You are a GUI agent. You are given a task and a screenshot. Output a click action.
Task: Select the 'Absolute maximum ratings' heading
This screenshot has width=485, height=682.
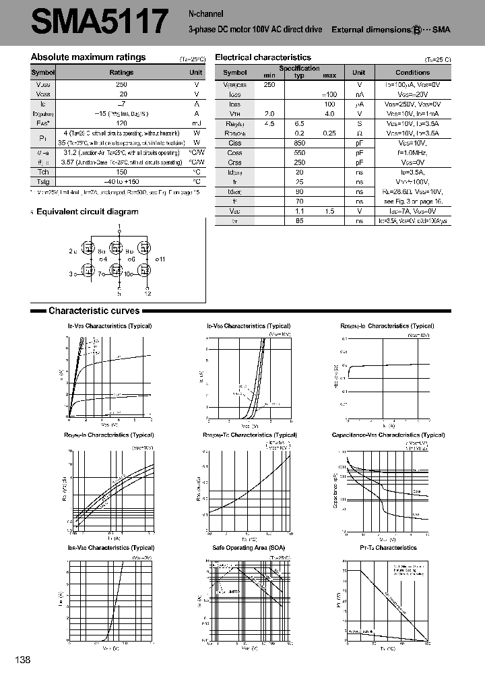(x=88, y=57)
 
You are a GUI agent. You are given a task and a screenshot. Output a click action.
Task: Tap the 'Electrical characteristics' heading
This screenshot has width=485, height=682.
(x=263, y=58)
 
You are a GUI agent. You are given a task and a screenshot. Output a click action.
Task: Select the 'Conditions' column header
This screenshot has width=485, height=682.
(x=412, y=72)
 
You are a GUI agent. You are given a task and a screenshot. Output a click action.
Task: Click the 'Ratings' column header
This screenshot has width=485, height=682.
(x=121, y=72)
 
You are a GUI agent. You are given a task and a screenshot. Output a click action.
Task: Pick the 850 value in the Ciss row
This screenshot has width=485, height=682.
(x=300, y=143)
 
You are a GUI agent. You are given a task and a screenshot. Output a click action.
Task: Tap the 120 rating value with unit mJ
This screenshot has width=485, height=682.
(x=121, y=124)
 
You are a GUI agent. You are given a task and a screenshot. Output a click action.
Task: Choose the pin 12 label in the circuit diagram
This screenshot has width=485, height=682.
(x=148, y=293)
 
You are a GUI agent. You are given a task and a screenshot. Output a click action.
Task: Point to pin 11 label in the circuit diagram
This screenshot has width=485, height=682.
(x=161, y=259)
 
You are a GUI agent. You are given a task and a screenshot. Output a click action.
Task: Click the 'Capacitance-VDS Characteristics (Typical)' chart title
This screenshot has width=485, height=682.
(x=388, y=435)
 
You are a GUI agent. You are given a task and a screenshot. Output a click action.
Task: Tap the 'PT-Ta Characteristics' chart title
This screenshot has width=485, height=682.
(x=389, y=547)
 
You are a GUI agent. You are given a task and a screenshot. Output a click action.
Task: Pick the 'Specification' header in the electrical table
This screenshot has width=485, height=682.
(x=300, y=68)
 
